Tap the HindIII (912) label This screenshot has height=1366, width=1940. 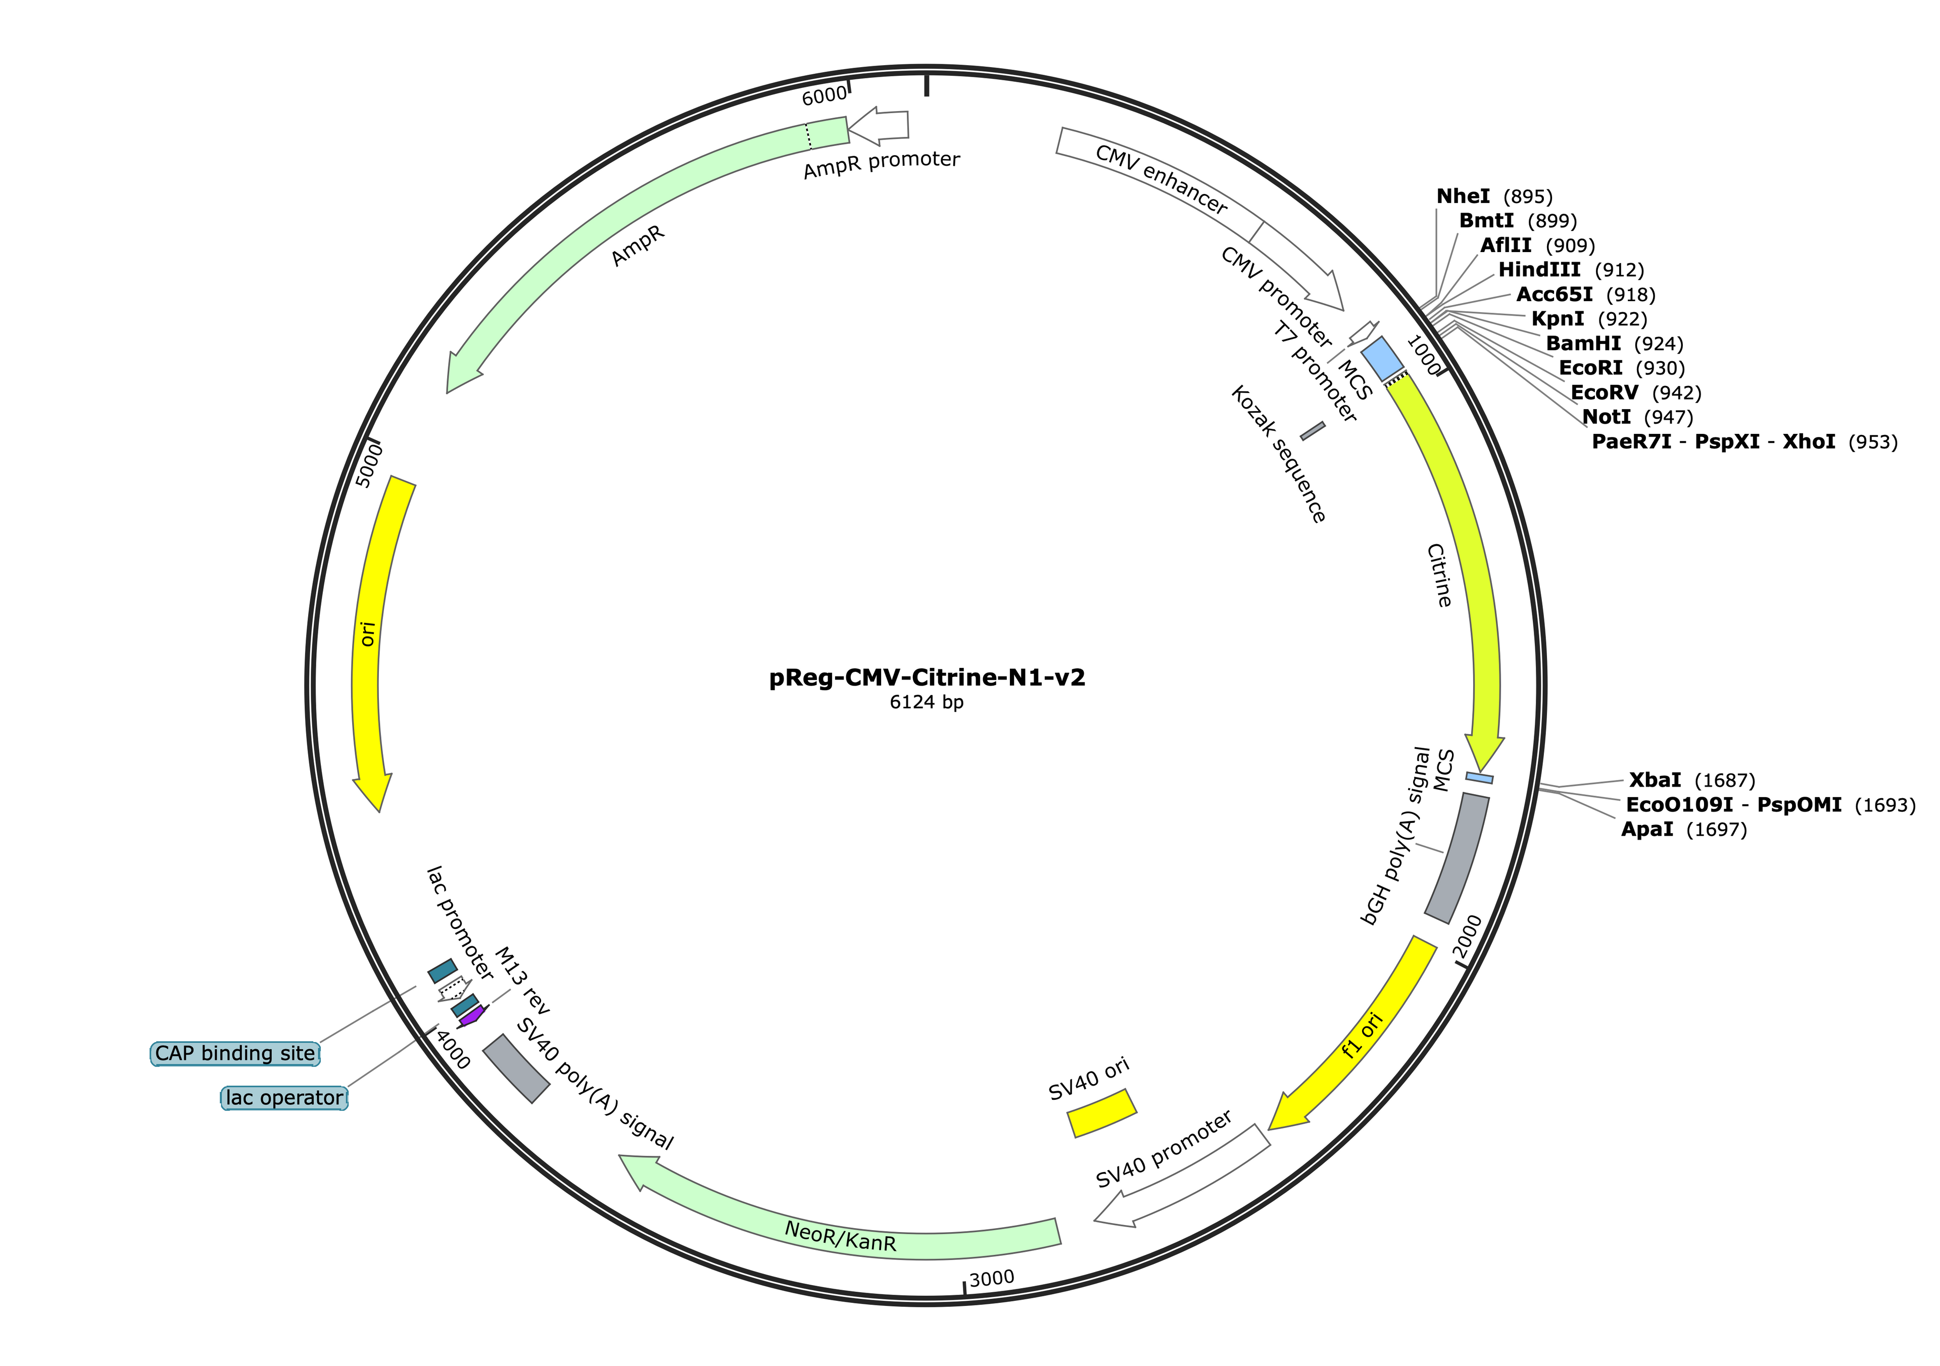pos(1539,270)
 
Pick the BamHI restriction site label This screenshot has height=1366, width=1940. pos(1583,344)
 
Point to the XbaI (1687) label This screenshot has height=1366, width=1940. pos(1655,780)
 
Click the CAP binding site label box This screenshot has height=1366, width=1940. pos(235,1053)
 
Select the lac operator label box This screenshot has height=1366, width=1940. pos(284,1098)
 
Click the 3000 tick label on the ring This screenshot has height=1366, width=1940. pos(991,1279)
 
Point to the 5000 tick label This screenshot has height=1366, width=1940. pos(369,465)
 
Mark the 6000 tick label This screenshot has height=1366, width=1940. pos(824,96)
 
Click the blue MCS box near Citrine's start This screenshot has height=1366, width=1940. pos(1381,358)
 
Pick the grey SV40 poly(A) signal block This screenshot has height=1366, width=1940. pos(516,1068)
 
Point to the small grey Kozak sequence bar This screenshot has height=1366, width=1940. pos(1312,431)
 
